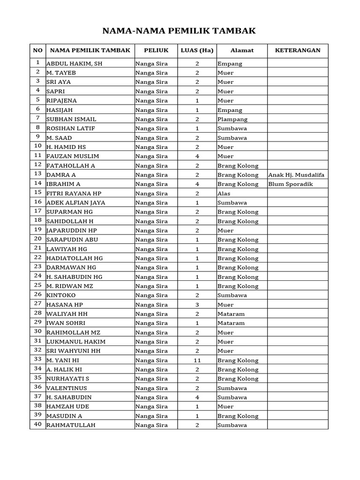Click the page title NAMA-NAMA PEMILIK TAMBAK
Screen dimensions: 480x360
click(x=180, y=31)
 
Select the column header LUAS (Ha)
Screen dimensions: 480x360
click(x=197, y=51)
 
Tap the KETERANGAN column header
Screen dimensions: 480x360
click(x=298, y=51)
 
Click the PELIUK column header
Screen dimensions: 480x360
click(x=156, y=51)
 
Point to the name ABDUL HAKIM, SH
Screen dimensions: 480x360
click(x=74, y=64)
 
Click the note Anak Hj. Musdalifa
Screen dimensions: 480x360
click(x=297, y=175)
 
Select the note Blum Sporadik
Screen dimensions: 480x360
click(x=291, y=184)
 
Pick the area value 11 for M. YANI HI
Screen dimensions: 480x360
click(x=197, y=360)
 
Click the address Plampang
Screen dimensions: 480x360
click(x=232, y=120)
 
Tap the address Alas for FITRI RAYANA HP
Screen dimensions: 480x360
click(x=224, y=194)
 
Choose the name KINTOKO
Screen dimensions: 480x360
click(x=61, y=295)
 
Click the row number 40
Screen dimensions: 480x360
click(x=37, y=425)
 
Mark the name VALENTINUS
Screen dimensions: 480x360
click(x=67, y=388)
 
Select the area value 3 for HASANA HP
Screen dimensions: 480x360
click(x=197, y=305)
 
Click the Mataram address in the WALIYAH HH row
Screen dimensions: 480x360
click(x=231, y=314)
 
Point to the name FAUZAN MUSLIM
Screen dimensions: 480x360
click(x=73, y=156)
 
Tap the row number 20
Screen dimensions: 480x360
click(x=37, y=239)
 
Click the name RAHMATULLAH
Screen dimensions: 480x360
click(x=71, y=425)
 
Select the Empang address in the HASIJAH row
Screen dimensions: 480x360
click(x=230, y=110)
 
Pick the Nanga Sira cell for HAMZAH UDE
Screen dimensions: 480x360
click(x=151, y=406)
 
